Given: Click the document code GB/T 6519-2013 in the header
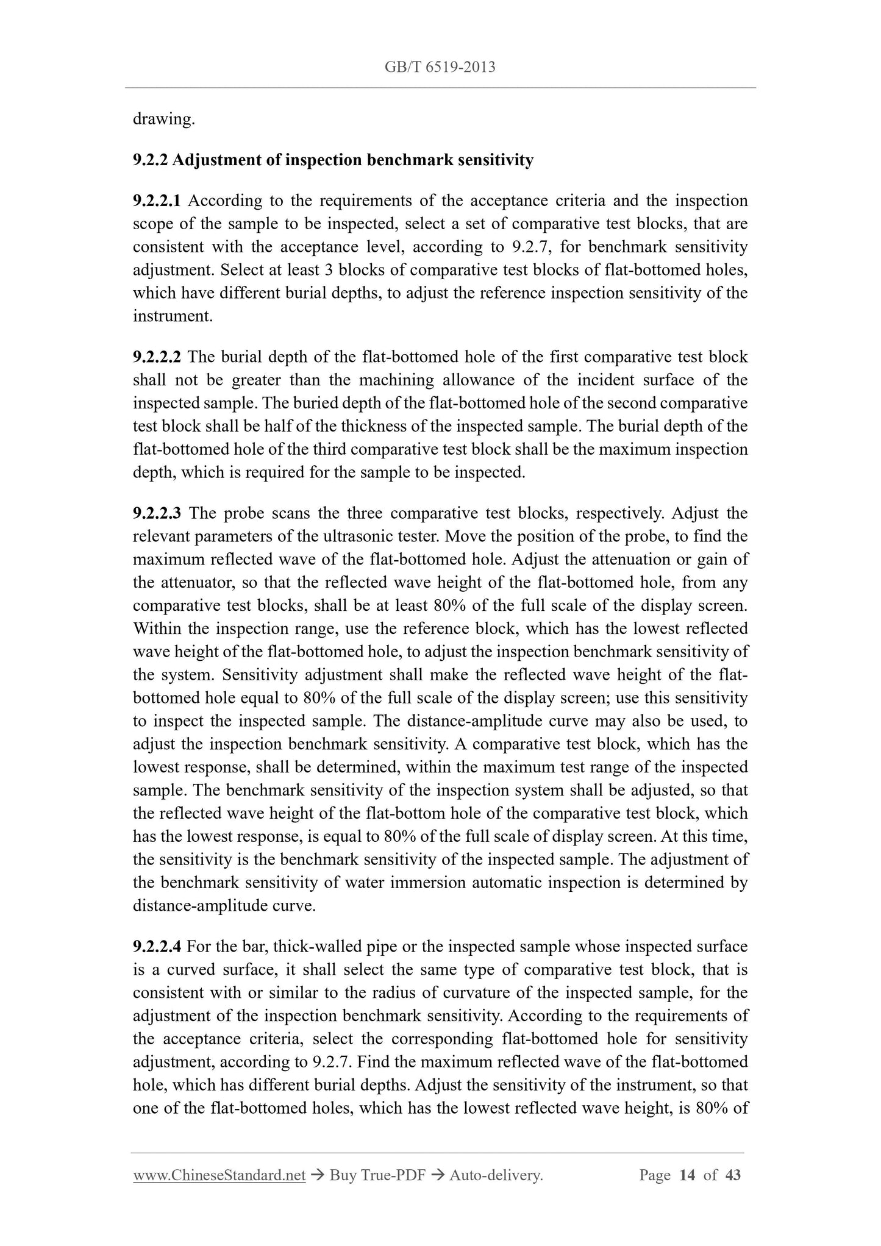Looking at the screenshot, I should point(440,67).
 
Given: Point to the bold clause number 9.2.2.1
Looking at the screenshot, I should point(157,201).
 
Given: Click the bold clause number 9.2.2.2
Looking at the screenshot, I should point(157,357).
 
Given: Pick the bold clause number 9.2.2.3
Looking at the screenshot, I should point(157,513).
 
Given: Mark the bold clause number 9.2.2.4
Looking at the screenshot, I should point(157,947).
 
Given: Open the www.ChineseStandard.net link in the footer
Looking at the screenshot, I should point(219,1175).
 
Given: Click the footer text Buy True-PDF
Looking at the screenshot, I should point(377,1175).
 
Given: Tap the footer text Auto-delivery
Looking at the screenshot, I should point(496,1175).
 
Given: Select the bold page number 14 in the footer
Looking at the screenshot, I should point(687,1175).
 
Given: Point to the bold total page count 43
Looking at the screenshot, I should point(732,1175).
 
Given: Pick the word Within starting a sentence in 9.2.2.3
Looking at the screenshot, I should point(155,628).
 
